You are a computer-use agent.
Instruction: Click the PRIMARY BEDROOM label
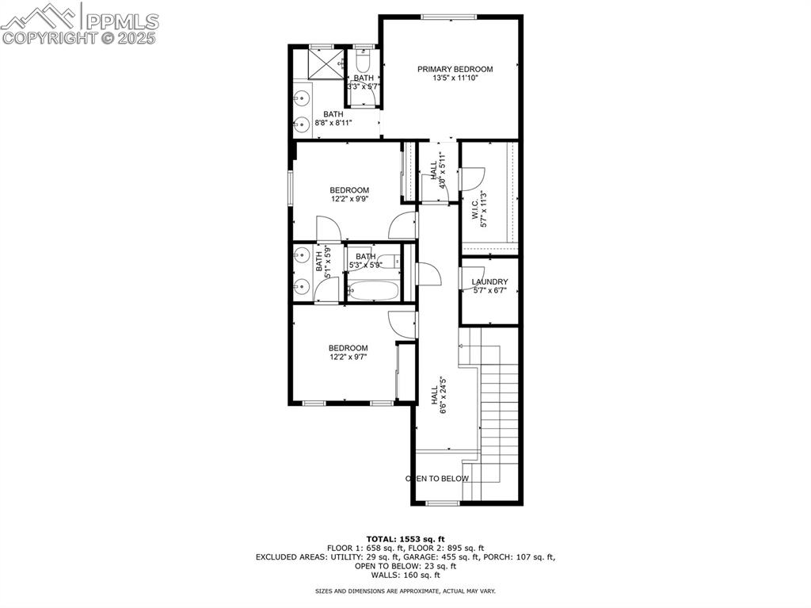[x=455, y=69]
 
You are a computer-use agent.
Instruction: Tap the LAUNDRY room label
[x=489, y=282]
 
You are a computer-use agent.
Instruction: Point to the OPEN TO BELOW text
[x=437, y=479]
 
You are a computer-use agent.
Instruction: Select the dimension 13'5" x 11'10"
[x=455, y=78]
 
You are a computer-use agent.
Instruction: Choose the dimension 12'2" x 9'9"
[x=349, y=200]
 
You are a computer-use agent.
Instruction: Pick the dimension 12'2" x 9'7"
[x=349, y=358]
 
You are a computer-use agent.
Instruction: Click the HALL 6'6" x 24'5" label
[x=439, y=394]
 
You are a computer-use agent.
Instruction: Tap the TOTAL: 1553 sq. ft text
[x=405, y=539]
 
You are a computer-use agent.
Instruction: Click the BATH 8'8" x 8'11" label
[x=333, y=119]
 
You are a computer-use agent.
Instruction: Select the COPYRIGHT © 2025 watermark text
[x=80, y=38]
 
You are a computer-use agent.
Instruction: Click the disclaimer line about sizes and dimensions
[x=405, y=591]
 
